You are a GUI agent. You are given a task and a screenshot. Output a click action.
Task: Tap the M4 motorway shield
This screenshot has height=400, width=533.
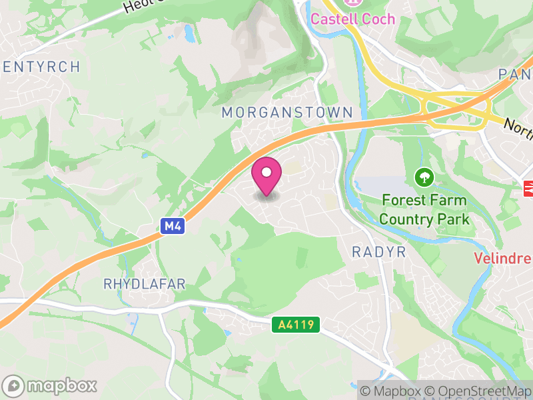[x=173, y=227]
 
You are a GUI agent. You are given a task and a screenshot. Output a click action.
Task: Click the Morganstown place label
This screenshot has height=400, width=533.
[x=286, y=113]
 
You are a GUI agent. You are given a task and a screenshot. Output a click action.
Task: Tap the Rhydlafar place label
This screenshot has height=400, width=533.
[x=145, y=284]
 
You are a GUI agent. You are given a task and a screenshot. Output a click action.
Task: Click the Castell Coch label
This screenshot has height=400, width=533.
[x=353, y=19]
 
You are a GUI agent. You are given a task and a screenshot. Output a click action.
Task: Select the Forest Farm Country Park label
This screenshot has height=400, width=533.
[x=424, y=209]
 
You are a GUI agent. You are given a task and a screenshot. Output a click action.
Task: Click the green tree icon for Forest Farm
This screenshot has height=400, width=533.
[x=424, y=177]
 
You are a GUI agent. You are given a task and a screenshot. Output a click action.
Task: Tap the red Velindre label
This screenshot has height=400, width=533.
[x=502, y=259]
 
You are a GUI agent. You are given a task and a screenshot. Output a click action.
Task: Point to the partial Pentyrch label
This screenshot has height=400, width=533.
[x=41, y=67]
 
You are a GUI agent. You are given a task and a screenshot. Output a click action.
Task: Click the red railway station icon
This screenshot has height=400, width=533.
[x=528, y=189]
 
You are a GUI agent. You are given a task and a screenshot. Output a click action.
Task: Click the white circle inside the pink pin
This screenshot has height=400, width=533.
[x=266, y=173]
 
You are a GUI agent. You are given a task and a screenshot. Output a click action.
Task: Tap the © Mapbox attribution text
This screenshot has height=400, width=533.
[x=392, y=391]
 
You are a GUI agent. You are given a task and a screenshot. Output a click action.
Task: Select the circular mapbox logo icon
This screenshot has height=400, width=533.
[x=15, y=385]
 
